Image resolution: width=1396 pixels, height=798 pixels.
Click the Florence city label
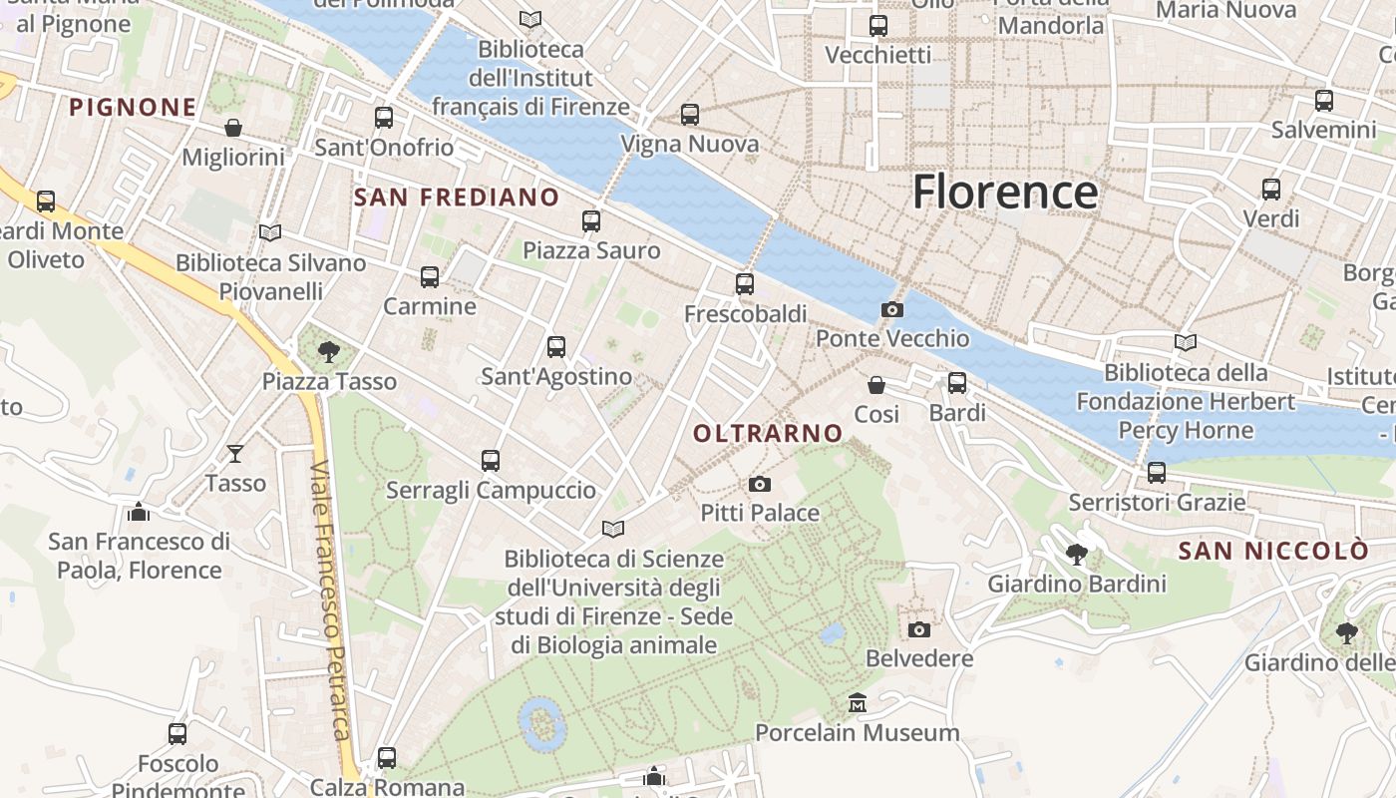[x=1004, y=192]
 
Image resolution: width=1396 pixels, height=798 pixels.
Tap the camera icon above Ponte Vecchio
[x=892, y=310]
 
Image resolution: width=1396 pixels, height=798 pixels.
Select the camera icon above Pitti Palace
[x=760, y=485]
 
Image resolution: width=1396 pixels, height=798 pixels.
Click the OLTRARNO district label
[x=768, y=433]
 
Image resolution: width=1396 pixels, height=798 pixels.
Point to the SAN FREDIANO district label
[x=457, y=198]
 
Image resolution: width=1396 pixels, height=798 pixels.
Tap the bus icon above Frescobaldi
[x=744, y=284]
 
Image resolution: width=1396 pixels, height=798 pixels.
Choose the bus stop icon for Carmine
[x=430, y=277]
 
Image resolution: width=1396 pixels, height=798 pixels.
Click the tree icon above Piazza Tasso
[x=328, y=351]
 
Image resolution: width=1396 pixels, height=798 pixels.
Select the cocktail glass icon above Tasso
[x=235, y=454]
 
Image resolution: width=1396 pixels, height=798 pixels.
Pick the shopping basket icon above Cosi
[x=876, y=385]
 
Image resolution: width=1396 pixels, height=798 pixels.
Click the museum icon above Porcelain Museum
[x=857, y=703]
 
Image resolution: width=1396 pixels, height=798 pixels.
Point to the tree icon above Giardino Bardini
[x=1076, y=555]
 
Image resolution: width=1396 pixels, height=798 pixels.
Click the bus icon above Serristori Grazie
[x=1157, y=473]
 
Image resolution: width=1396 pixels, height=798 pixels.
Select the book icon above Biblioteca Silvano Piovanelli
[x=270, y=232]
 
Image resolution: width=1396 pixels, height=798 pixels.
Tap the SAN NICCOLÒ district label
[x=1273, y=551]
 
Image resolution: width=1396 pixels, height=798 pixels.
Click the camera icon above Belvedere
[x=919, y=629]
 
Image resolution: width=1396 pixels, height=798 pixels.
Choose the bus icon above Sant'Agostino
[x=556, y=347]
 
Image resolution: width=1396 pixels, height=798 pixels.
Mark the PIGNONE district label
[x=133, y=107]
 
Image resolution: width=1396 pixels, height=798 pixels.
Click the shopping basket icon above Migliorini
[x=233, y=128]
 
